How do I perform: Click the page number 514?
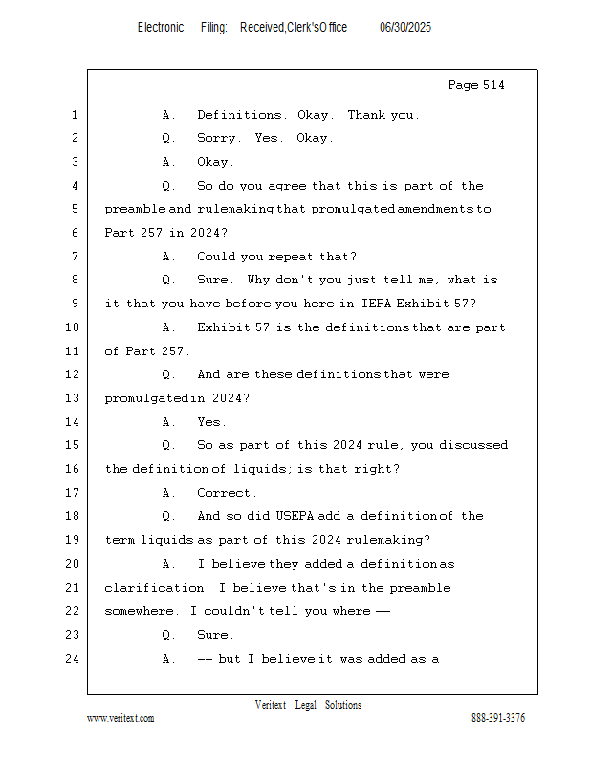point(493,85)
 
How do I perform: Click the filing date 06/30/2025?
point(405,28)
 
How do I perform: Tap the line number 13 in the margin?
point(73,398)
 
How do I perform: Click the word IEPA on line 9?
point(376,304)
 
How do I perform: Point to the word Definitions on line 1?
point(240,115)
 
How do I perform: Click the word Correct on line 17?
point(224,493)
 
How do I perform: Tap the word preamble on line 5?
point(135,210)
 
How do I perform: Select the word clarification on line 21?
point(154,588)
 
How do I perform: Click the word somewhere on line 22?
point(140,611)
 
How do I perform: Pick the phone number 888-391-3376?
point(498,718)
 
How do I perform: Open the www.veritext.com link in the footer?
point(120,719)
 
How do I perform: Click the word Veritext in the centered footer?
point(271,705)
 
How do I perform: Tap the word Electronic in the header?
point(161,28)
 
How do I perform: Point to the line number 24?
point(73,659)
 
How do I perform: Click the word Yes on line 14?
point(208,422)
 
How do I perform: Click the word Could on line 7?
point(216,257)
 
